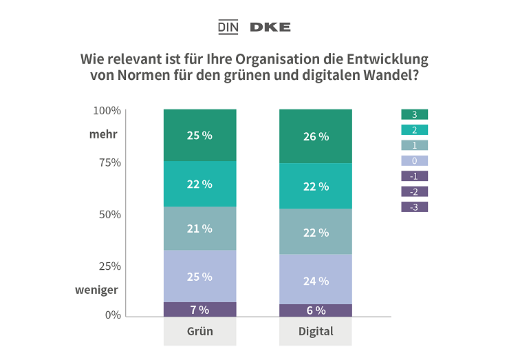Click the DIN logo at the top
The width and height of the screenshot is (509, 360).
[227, 27]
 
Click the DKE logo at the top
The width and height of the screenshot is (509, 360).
[270, 27]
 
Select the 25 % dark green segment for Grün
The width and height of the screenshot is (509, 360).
[199, 135]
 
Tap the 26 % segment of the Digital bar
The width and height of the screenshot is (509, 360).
[316, 136]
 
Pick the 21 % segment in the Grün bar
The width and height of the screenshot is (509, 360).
[199, 229]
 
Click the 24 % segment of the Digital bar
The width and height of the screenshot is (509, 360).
[316, 280]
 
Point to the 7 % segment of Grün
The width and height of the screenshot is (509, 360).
[199, 309]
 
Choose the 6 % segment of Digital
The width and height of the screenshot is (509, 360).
[316, 310]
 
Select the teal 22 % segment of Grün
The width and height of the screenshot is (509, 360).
[199, 184]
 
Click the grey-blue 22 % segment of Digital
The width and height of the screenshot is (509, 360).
[316, 232]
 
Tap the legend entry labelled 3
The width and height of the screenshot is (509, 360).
[414, 114]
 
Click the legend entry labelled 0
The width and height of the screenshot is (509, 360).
[414, 160]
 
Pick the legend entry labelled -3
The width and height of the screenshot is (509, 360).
[414, 207]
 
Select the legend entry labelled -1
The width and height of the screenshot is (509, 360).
[414, 176]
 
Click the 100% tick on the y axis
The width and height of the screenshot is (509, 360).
[107, 110]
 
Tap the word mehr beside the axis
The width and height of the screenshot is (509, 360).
[103, 134]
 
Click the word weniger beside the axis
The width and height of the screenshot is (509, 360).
[96, 290]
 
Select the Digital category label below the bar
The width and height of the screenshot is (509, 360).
[316, 332]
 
